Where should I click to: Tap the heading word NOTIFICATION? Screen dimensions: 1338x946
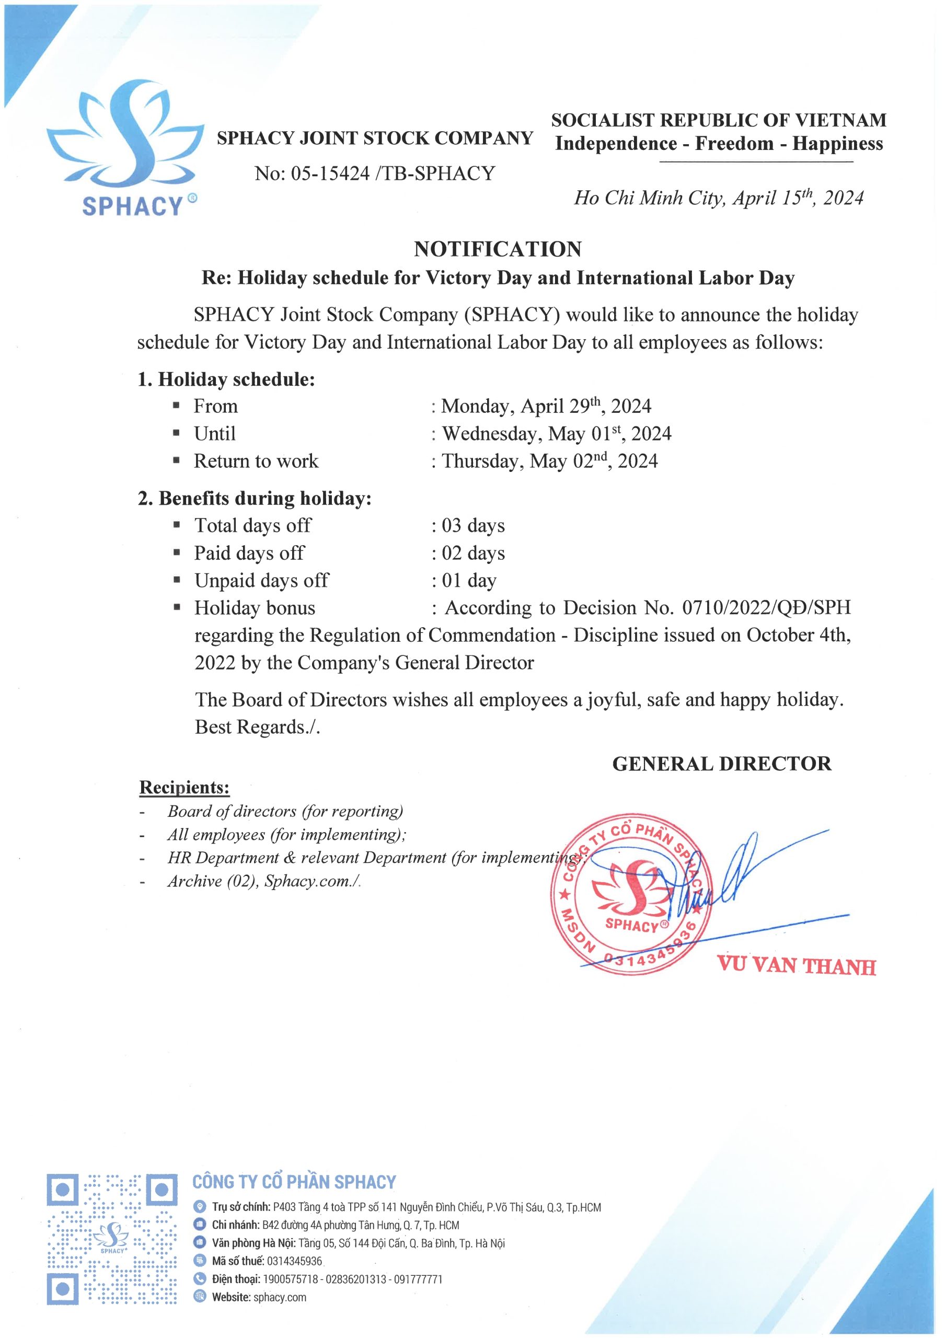coord(498,249)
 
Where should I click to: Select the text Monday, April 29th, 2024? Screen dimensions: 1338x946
coord(546,406)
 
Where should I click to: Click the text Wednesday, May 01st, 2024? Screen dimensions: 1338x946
coord(557,434)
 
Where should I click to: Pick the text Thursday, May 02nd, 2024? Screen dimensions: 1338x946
coord(550,461)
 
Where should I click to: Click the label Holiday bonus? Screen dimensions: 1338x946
coord(255,608)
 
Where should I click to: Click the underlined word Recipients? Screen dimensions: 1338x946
coord(184,787)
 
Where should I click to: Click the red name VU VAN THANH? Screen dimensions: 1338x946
coord(796,965)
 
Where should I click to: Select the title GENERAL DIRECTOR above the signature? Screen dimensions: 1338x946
coord(722,764)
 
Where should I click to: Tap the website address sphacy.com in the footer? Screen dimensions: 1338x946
coord(280,1297)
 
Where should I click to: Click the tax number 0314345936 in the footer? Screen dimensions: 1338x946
coord(294,1261)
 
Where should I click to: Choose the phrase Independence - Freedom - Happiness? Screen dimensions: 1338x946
coord(719,144)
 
